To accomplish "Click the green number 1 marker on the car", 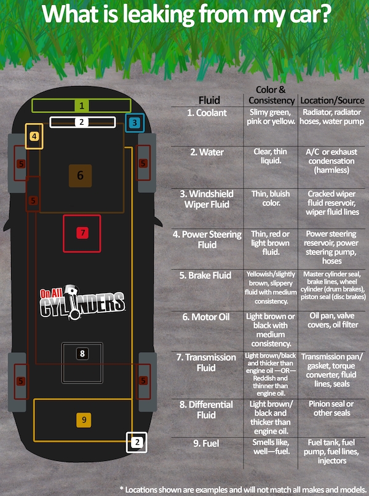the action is pyautogui.click(x=82, y=105).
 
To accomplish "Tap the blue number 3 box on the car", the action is pyautogui.click(x=135, y=122).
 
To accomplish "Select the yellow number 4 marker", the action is pyautogui.click(x=34, y=136).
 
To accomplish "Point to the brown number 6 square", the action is pyautogui.click(x=81, y=176).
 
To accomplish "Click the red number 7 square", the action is pyautogui.click(x=82, y=233).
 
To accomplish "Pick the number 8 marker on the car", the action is pyautogui.click(x=82, y=353).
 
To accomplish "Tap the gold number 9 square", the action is pyautogui.click(x=84, y=420).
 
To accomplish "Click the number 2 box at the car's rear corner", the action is pyautogui.click(x=137, y=443).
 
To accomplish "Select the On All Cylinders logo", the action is pyautogui.click(x=82, y=302).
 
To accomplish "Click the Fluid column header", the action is pyautogui.click(x=209, y=100).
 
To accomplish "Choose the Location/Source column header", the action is pyautogui.click(x=332, y=101).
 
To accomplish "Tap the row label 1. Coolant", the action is pyautogui.click(x=207, y=113).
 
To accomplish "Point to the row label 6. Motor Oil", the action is pyautogui.click(x=205, y=317).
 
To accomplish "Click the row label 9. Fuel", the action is pyautogui.click(x=206, y=444).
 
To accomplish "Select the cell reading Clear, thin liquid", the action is pyautogui.click(x=270, y=156).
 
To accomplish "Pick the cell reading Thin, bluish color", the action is pyautogui.click(x=271, y=199).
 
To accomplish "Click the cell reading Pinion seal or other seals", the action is pyautogui.click(x=331, y=408).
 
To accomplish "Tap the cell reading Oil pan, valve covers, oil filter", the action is pyautogui.click(x=332, y=320).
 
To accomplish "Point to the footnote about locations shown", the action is pyautogui.click(x=243, y=490).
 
